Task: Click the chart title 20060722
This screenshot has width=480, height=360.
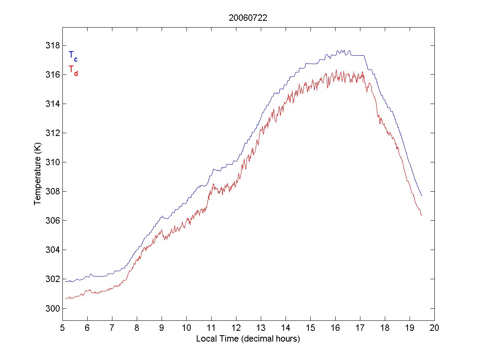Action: pos(248,18)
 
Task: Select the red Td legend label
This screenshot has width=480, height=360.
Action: pos(73,70)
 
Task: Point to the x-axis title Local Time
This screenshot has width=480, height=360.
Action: pos(248,339)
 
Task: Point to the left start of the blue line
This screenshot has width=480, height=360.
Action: pos(66,281)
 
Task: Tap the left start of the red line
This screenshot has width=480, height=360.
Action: pos(66,298)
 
